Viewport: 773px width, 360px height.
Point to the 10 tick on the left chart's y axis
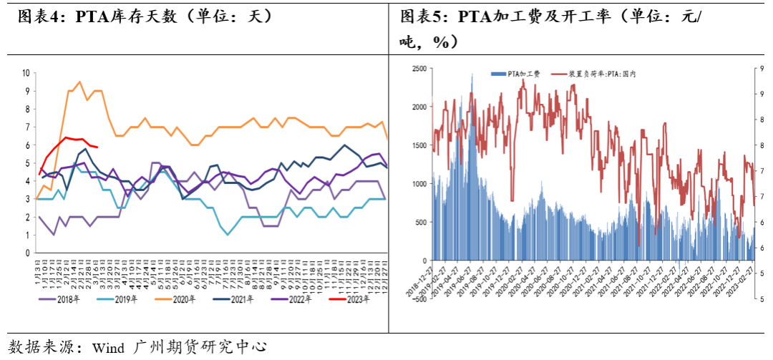point(26,73)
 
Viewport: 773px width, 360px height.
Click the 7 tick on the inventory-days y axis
point(27,127)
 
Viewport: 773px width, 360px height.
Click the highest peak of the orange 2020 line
point(79,82)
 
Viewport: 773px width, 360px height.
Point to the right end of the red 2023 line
point(97,147)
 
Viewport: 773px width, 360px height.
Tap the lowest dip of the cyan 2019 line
point(228,234)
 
